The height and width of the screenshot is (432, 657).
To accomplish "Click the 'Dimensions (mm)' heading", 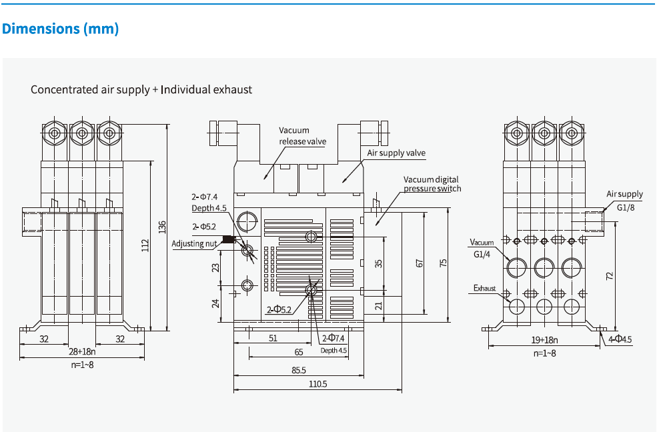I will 61,29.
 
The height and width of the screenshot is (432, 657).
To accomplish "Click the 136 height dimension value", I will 161,227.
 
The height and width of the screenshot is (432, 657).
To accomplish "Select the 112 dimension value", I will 145,245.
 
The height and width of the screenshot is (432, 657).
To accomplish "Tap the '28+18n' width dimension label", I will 82,351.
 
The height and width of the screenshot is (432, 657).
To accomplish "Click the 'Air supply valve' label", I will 396,153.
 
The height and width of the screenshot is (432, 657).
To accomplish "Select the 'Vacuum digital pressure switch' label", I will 432,184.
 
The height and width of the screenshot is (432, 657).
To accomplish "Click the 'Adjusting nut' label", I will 194,243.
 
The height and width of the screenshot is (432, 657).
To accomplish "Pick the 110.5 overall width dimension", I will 317,383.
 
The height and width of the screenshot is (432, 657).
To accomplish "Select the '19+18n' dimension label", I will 544,339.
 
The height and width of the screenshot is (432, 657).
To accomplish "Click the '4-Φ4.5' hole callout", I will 620,339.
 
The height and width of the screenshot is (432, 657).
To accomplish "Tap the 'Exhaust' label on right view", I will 485,289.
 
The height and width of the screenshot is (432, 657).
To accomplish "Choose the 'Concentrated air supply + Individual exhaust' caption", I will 141,89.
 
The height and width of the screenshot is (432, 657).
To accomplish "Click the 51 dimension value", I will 273,338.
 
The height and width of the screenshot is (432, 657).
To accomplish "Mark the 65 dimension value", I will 298,351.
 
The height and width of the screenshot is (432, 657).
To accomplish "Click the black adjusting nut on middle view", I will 228,239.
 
